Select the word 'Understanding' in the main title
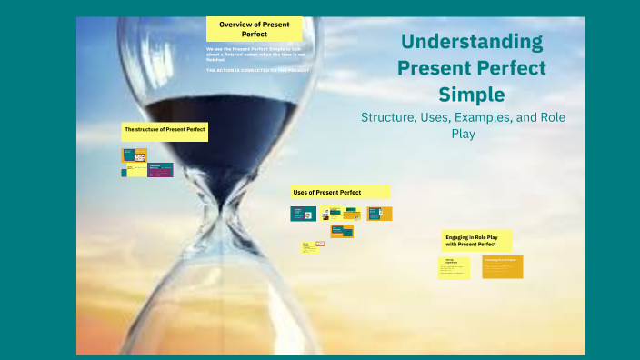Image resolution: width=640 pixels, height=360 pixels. click(x=472, y=42)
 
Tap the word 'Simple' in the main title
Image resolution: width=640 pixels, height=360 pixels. click(x=472, y=95)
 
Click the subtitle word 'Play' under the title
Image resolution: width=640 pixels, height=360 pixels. click(x=463, y=134)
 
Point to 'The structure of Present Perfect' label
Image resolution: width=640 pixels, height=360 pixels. click(x=165, y=131)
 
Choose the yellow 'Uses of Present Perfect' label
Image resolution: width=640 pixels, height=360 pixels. click(x=340, y=192)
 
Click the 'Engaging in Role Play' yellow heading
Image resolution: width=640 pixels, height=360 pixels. click(x=476, y=240)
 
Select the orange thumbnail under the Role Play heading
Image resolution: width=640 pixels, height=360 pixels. click(x=503, y=266)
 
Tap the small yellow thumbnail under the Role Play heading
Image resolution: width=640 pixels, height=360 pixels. click(x=454, y=267)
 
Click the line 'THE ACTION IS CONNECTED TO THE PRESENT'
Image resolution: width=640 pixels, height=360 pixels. click(x=257, y=70)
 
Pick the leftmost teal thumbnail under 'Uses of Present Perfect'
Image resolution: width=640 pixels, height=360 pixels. click(x=297, y=214)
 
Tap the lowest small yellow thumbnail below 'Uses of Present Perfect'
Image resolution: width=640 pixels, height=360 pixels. click(x=309, y=246)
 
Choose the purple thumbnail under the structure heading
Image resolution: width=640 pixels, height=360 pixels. click(x=160, y=169)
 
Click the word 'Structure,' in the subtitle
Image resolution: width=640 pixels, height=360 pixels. click(x=392, y=117)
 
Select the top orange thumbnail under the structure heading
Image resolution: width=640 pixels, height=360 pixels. click(x=135, y=155)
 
